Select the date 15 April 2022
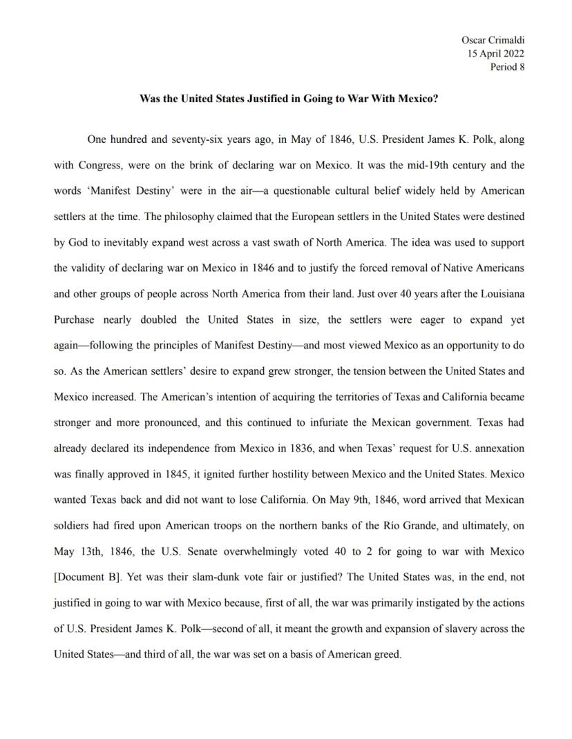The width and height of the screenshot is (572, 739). click(495, 54)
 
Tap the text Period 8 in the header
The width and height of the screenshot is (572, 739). click(507, 67)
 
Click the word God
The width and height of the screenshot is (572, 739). click(81, 243)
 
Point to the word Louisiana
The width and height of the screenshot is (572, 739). click(499, 294)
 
